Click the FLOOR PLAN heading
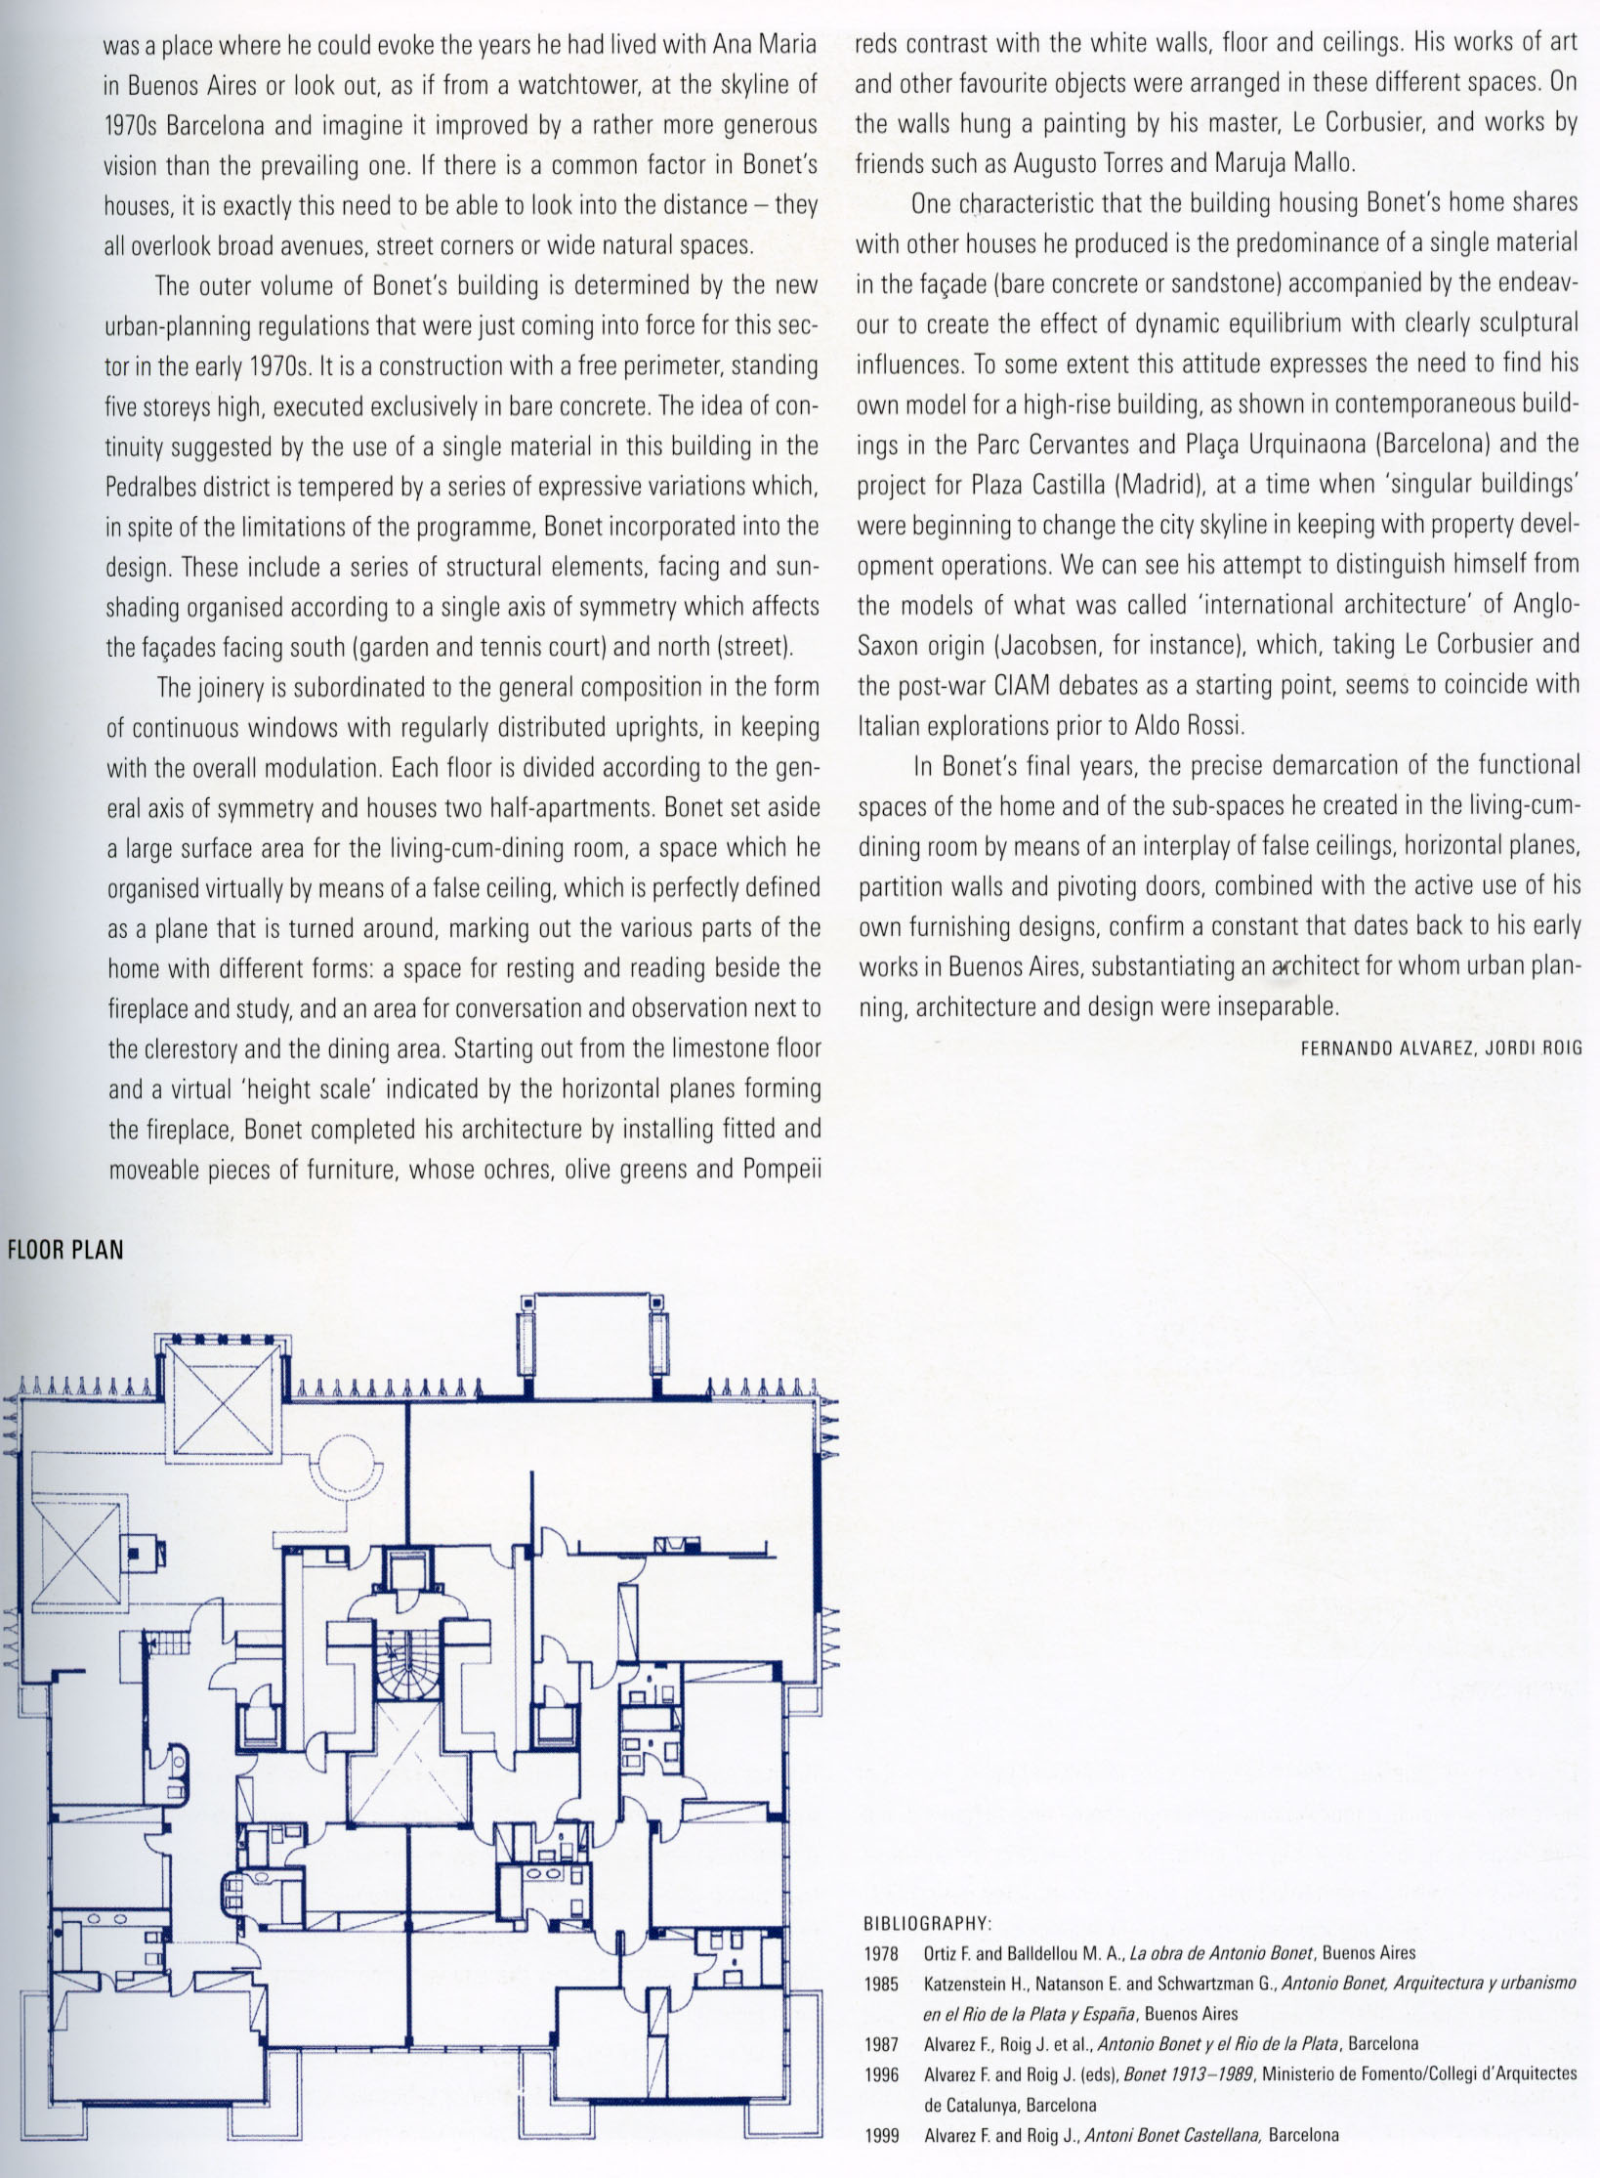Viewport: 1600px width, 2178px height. (x=65, y=1250)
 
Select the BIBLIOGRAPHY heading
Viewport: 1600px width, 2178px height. (x=927, y=1924)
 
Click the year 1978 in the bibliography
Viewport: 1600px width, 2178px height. (x=881, y=1952)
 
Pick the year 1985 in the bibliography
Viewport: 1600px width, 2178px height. (x=881, y=1984)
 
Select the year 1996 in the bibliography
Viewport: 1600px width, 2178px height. (x=881, y=2073)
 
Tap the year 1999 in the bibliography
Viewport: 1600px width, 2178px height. (x=881, y=2135)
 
